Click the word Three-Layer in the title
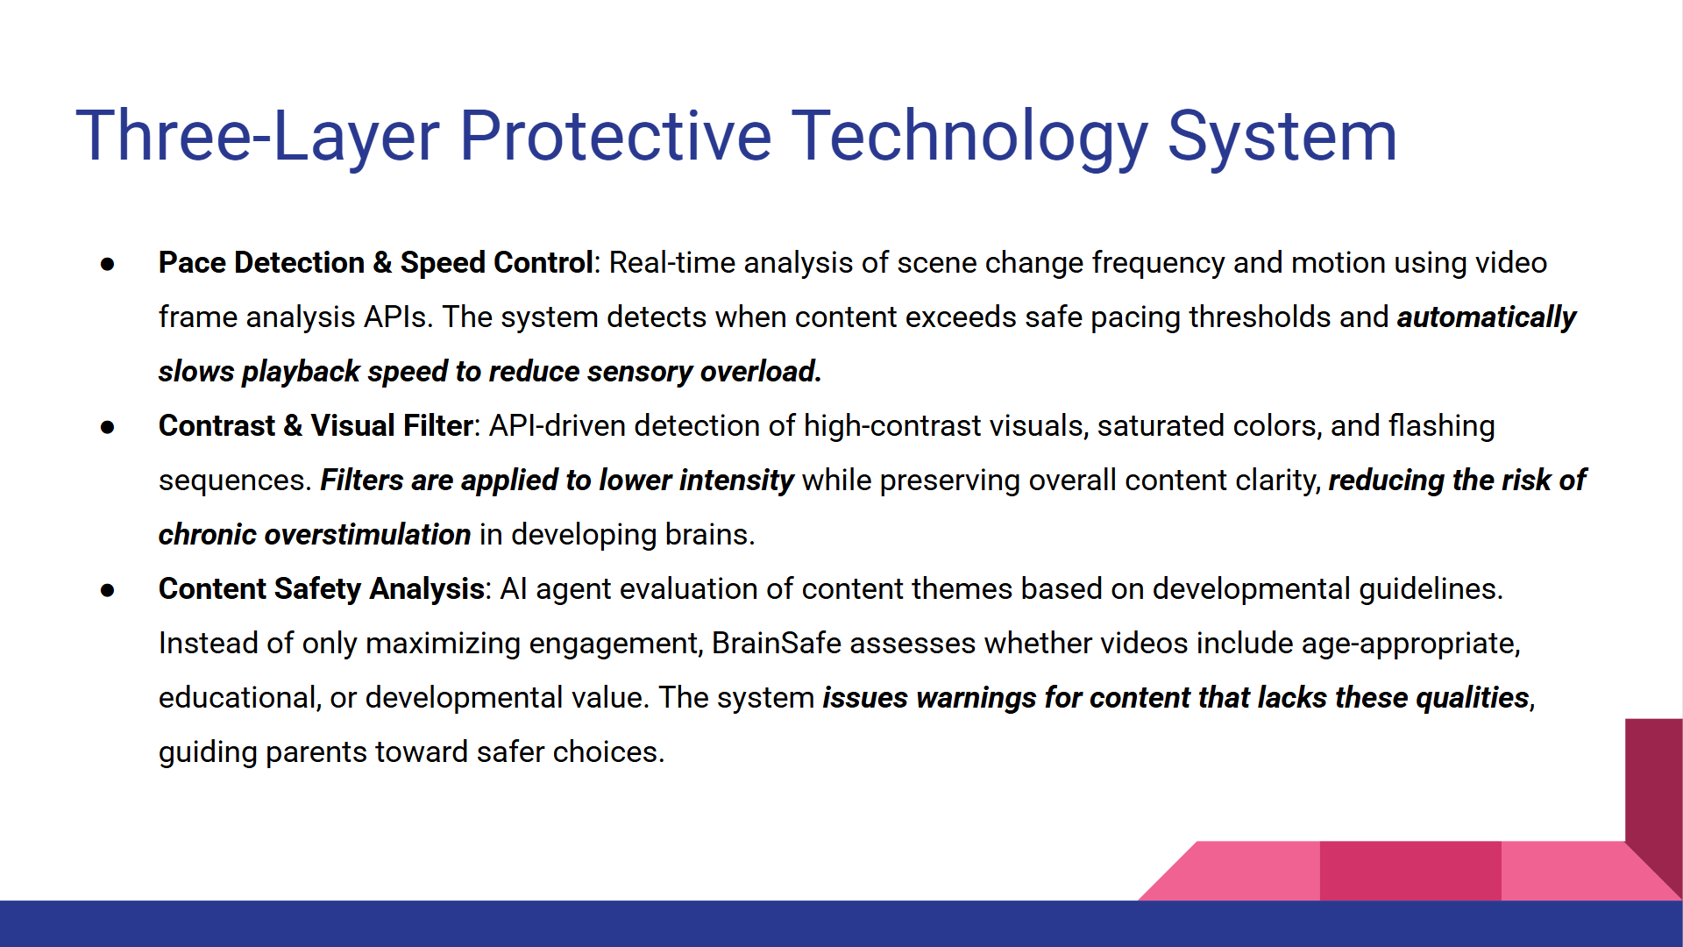[258, 137]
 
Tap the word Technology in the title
[970, 137]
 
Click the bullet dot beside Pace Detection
[108, 264]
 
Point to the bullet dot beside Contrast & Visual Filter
[108, 427]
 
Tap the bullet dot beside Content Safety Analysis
[108, 590]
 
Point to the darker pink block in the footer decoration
[1410, 871]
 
